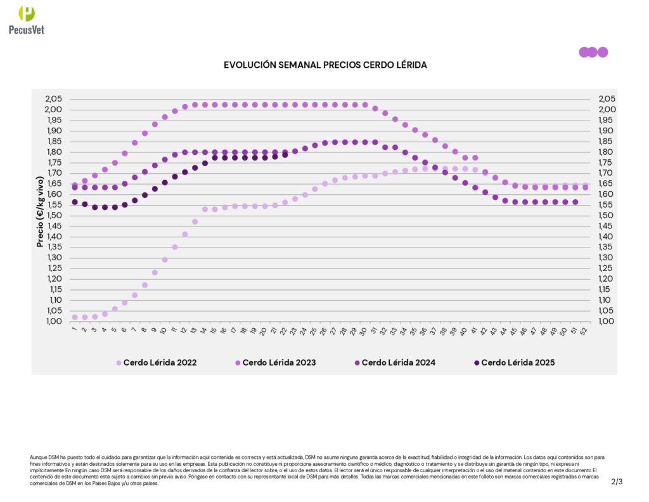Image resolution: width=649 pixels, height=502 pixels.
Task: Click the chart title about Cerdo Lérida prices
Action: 325,65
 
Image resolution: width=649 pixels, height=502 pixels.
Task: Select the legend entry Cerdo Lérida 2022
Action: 160,363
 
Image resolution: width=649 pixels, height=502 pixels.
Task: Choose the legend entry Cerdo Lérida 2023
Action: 279,363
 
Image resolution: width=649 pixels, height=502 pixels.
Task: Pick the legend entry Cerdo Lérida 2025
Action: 517,363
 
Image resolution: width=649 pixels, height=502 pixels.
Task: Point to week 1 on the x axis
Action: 74,329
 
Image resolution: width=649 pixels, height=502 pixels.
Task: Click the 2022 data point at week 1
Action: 75,317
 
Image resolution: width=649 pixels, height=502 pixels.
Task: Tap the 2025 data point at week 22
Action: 285,154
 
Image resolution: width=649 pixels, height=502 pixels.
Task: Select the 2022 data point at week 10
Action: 165,260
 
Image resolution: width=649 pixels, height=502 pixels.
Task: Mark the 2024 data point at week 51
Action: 575,202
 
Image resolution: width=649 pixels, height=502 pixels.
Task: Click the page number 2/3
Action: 617,482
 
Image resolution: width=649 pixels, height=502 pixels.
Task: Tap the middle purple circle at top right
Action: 593,52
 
